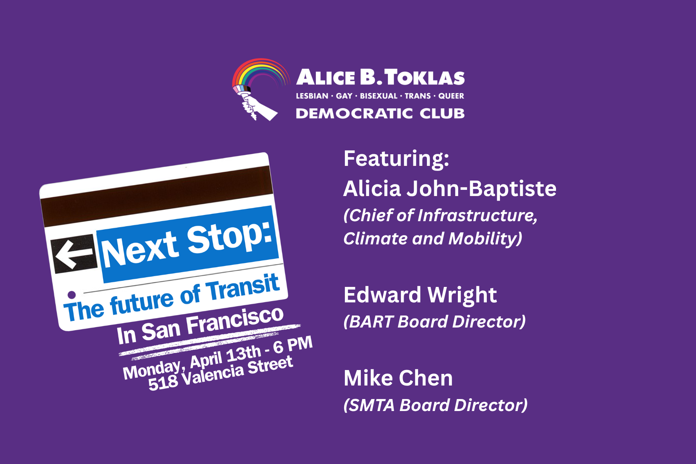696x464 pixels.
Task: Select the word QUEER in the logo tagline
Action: pyautogui.click(x=451, y=96)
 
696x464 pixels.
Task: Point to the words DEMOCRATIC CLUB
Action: pyautogui.click(x=380, y=113)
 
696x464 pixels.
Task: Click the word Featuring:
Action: pyautogui.click(x=396, y=159)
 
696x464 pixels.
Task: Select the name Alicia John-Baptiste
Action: pyautogui.click(x=450, y=189)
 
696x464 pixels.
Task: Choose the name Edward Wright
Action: pyautogui.click(x=420, y=295)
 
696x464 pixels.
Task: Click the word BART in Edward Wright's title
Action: pyautogui.click(x=372, y=322)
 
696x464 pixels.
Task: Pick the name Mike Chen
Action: pyautogui.click(x=398, y=378)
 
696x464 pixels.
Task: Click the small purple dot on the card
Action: pyautogui.click(x=71, y=295)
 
